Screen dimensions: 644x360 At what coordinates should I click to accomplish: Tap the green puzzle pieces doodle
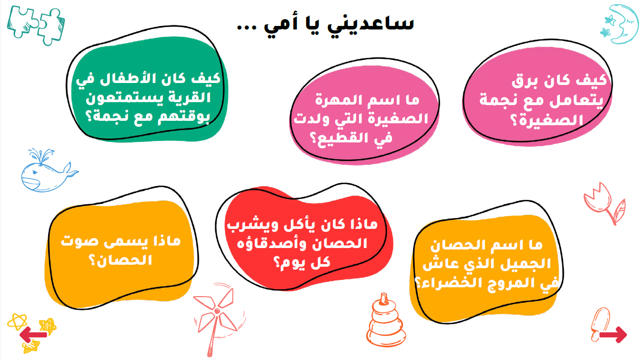coord(36,26)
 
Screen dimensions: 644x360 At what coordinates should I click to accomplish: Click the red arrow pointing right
coord(613,334)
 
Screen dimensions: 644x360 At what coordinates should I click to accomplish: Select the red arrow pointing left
coord(33,334)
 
